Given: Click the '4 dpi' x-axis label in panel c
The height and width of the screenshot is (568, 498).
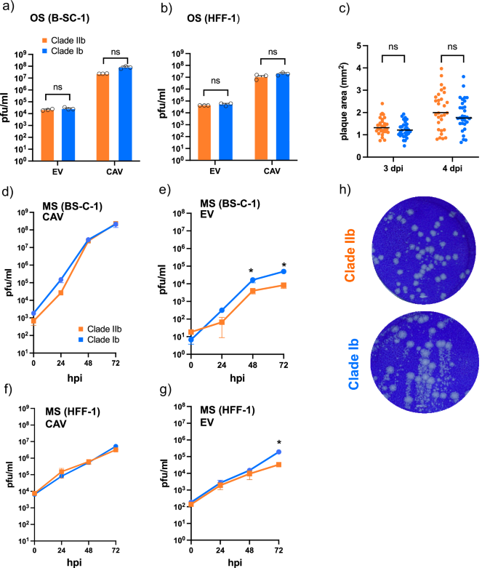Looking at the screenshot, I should pos(451,169).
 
